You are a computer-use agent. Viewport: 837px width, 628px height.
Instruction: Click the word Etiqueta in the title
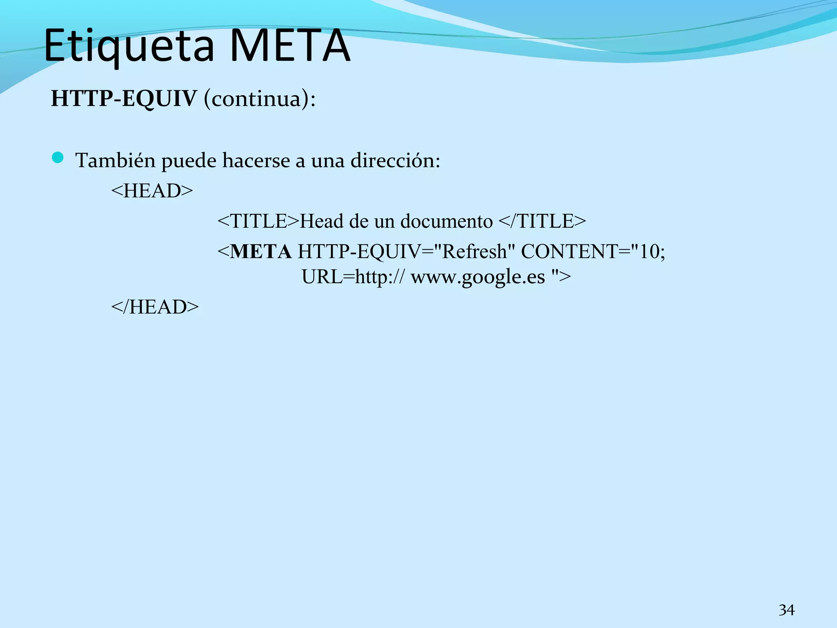tap(129, 46)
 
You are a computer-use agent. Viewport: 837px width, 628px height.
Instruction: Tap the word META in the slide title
tap(290, 46)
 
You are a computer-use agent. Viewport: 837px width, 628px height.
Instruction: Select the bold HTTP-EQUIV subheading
tap(124, 99)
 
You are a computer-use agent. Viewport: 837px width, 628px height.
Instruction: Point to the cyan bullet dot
tap(58, 157)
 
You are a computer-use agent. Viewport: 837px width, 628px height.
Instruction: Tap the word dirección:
tap(395, 160)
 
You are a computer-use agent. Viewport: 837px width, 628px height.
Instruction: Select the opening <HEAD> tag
tap(152, 191)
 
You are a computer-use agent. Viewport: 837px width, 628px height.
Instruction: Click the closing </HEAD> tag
tap(155, 307)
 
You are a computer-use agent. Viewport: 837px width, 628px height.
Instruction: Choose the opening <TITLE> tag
tap(258, 221)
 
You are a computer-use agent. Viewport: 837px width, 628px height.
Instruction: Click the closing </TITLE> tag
tap(542, 221)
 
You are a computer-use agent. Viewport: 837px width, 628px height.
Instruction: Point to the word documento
tap(447, 221)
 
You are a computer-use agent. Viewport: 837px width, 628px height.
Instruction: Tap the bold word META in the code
tap(261, 251)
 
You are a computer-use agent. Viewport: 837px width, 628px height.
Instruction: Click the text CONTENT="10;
tap(593, 251)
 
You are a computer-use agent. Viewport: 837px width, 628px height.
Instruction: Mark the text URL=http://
tap(354, 277)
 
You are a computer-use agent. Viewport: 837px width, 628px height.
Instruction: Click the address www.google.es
tap(478, 277)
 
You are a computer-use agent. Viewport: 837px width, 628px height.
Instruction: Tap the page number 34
tap(786, 610)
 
